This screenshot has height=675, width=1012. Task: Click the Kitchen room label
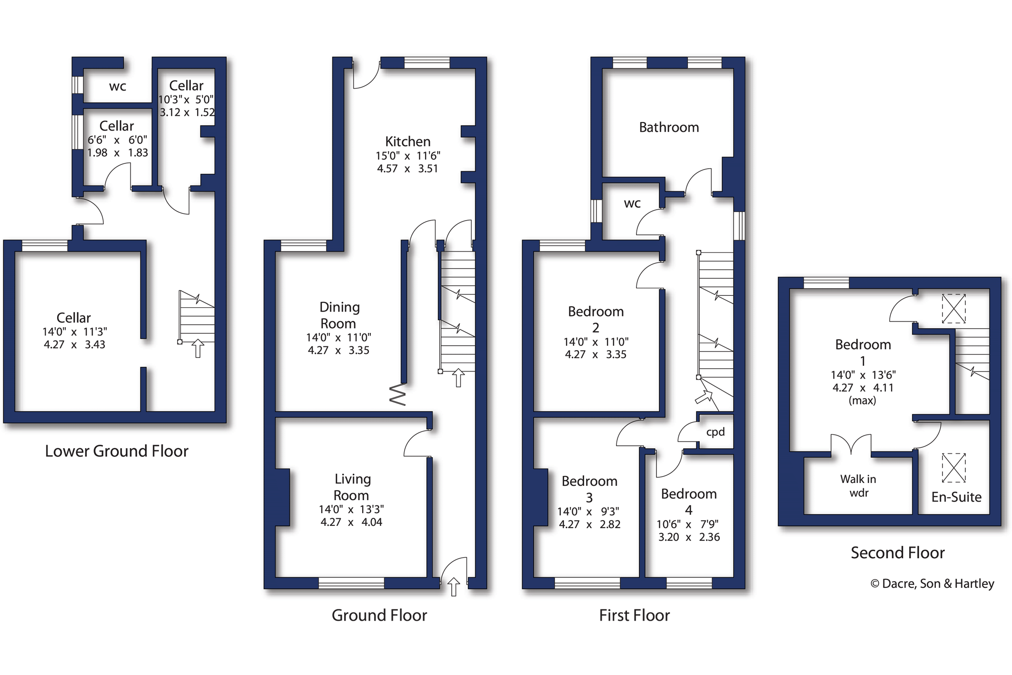pyautogui.click(x=407, y=141)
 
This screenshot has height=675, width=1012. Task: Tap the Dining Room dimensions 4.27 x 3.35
pyautogui.click(x=338, y=350)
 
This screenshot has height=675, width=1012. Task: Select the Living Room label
pyautogui.click(x=352, y=487)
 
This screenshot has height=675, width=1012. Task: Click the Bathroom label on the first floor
pyautogui.click(x=668, y=127)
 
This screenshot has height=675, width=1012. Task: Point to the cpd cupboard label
pyautogui.click(x=715, y=432)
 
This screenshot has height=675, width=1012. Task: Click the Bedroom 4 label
pyautogui.click(x=688, y=502)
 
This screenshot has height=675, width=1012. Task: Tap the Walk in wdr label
pyautogui.click(x=858, y=486)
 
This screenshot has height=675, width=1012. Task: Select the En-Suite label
pyautogui.click(x=956, y=497)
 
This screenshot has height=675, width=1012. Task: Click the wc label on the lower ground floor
pyautogui.click(x=118, y=86)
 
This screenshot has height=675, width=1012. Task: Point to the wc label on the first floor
pyautogui.click(x=632, y=203)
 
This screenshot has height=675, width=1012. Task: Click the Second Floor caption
pyautogui.click(x=897, y=553)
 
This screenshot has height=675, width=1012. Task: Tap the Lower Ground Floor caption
pyautogui.click(x=117, y=451)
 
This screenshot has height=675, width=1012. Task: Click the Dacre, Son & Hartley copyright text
pyautogui.click(x=932, y=584)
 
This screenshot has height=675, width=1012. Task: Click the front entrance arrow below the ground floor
pyautogui.click(x=454, y=586)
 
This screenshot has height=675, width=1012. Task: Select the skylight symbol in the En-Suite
pyautogui.click(x=953, y=467)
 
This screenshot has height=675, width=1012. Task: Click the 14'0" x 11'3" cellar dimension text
pyautogui.click(x=74, y=332)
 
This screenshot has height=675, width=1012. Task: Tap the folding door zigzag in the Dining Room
pyautogui.click(x=397, y=394)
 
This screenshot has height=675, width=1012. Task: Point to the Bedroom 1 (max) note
pyautogui.click(x=862, y=401)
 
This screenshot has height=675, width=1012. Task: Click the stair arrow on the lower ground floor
pyautogui.click(x=198, y=348)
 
